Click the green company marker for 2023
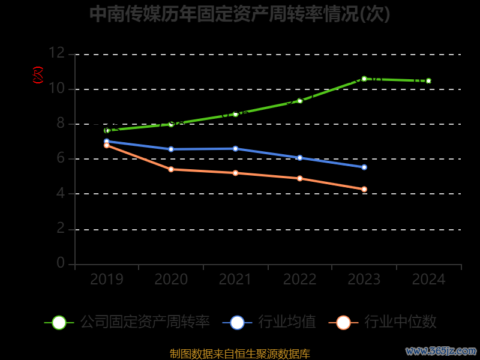tap(364, 79)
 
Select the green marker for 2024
tap(428, 80)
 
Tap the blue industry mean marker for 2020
tap(171, 149)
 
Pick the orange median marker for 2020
tap(171, 169)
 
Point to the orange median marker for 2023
tap(364, 189)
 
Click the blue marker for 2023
tap(364, 167)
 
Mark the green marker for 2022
tap(300, 100)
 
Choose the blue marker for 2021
tap(235, 148)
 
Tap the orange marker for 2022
tap(300, 178)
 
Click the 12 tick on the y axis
tap(57, 53)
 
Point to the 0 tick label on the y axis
tap(61, 263)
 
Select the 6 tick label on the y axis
tap(61, 158)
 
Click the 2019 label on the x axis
tap(107, 279)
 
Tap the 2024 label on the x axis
tap(428, 279)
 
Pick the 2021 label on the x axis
tap(235, 279)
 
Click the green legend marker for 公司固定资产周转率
tap(59, 322)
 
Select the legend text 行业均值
tap(287, 322)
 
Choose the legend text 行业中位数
tap(400, 322)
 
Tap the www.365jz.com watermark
tap(441, 350)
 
